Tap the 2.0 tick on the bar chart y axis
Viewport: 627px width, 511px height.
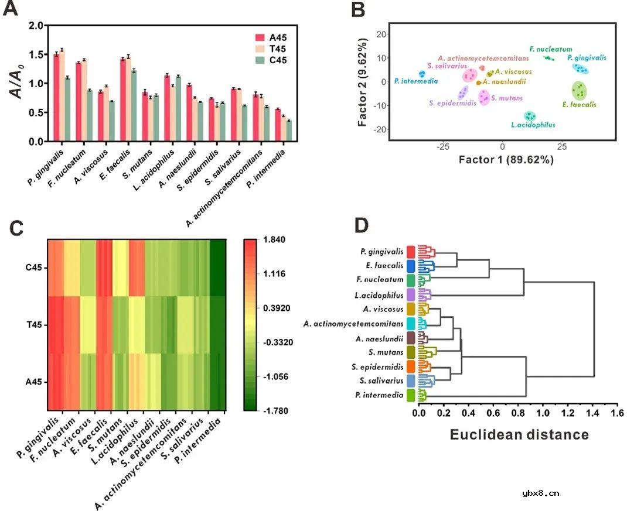(x=36, y=26)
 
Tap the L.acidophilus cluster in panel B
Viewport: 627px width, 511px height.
(x=530, y=116)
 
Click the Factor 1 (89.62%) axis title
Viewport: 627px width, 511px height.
(x=506, y=159)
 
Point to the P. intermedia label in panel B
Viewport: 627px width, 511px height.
(x=415, y=80)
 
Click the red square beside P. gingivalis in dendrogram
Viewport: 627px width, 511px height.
(x=411, y=252)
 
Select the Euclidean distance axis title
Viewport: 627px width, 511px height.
(x=519, y=435)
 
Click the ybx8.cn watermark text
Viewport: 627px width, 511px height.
(x=540, y=493)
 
